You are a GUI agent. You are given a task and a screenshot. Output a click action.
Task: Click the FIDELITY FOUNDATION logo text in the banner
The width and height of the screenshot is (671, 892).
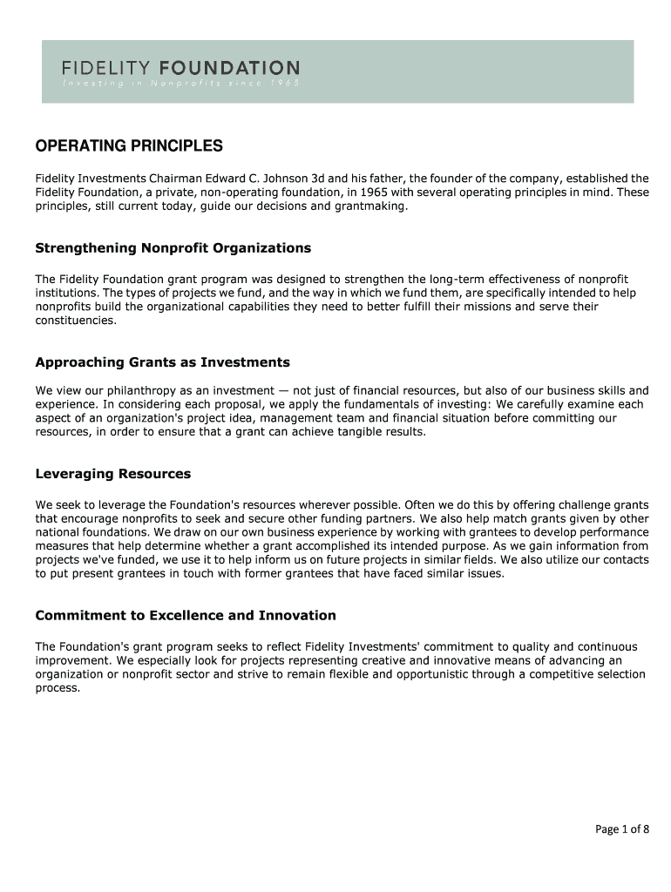tap(180, 67)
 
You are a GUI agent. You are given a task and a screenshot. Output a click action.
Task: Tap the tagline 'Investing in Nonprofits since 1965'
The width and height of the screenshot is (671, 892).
tap(180, 84)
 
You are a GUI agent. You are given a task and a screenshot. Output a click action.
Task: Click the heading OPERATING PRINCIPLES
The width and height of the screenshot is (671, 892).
tap(129, 145)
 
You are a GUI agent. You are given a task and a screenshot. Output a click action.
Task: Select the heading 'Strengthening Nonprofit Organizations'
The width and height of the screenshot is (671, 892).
tap(173, 248)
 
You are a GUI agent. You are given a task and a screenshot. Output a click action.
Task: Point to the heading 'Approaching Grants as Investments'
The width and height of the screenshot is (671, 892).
tap(162, 362)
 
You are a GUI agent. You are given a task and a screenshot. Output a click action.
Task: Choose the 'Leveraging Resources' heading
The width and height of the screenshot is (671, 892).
tap(112, 475)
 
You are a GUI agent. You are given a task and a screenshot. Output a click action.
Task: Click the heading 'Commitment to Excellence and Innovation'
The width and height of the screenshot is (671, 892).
tap(185, 616)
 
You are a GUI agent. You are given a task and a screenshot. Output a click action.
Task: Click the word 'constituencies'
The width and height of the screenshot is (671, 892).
tap(75, 321)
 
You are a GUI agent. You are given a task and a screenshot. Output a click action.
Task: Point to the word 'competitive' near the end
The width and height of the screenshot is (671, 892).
tap(546, 674)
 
